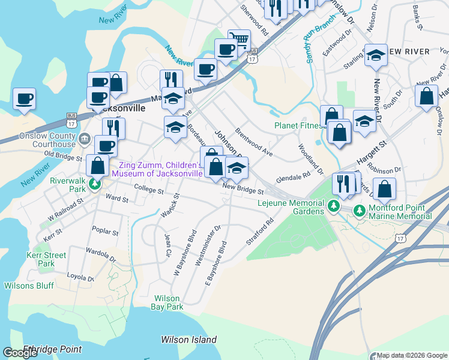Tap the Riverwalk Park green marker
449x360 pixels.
coord(95,184)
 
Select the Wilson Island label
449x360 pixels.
coord(188,340)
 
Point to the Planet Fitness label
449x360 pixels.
coord(300,125)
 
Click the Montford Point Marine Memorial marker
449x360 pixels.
coord(360,210)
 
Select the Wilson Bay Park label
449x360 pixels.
coord(167,302)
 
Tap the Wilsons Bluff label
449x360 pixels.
coord(28,286)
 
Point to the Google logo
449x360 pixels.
coord(20,353)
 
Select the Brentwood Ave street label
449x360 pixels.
coord(254,142)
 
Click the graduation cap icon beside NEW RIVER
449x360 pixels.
coord(376,56)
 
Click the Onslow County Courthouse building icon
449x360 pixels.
coord(85,139)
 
